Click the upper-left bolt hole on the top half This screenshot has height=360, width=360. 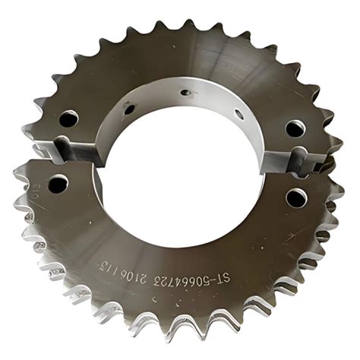pyautogui.click(x=68, y=118)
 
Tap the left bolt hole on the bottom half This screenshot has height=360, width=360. pyautogui.click(x=58, y=183)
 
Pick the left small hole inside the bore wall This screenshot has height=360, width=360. pyautogui.click(x=129, y=109)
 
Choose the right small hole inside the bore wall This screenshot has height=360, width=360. pyautogui.click(x=238, y=114)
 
